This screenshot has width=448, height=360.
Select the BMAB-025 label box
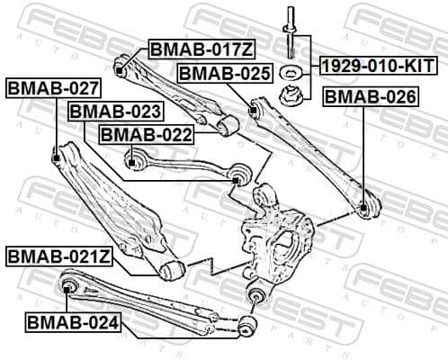(224, 73)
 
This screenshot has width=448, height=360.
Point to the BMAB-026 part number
(371, 95)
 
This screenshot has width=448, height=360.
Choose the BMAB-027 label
(53, 89)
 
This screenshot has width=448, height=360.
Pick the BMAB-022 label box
(146, 134)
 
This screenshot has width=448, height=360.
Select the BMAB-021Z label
(59, 256)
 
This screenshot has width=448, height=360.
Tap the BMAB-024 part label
(72, 319)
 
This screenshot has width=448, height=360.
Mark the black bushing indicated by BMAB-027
(57, 159)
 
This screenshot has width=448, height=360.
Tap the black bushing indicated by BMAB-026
(364, 208)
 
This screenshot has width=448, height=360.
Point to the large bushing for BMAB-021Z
(173, 266)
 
